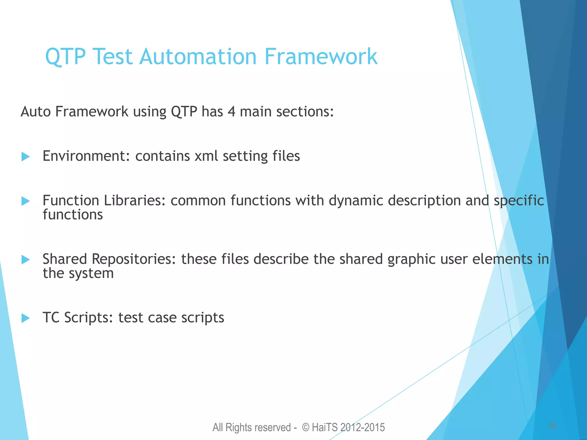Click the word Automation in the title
click(198, 56)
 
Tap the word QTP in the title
click(65, 56)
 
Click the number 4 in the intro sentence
click(231, 111)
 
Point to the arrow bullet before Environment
click(26, 157)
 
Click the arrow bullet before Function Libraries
click(26, 201)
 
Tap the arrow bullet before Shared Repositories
click(26, 260)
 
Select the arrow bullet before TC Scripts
click(26, 318)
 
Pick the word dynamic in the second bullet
click(356, 201)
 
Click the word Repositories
click(134, 259)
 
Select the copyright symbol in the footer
click(306, 427)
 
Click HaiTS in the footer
click(325, 427)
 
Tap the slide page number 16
click(552, 426)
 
